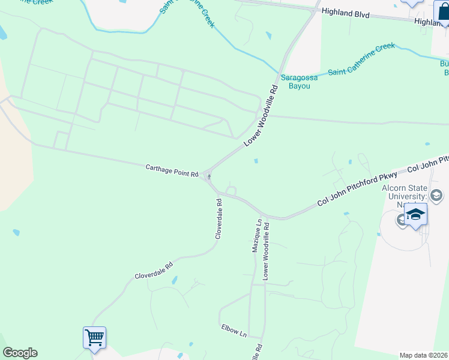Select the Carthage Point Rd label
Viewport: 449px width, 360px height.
point(172,170)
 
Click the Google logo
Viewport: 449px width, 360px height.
point(20,353)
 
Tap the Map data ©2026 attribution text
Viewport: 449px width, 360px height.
point(423,355)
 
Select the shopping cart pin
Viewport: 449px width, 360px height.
point(95,338)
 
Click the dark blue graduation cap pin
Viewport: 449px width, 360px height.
point(415,215)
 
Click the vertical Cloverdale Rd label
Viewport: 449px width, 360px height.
point(220,219)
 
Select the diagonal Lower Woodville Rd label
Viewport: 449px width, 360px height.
point(261,116)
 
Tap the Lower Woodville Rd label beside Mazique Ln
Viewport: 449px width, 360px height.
point(265,251)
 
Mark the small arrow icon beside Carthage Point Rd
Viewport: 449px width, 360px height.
point(208,176)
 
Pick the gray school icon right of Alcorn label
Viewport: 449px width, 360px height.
point(436,196)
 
